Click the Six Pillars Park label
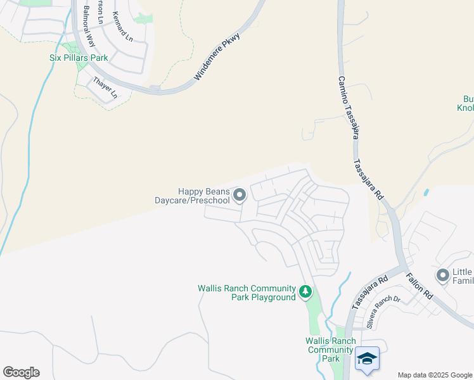pos(79,58)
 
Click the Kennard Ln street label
pos(122,27)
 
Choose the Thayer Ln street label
pos(105,87)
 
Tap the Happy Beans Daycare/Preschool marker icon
pos(239,196)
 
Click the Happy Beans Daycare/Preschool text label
pos(193,196)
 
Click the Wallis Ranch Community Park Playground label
pos(247,293)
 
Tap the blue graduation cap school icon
pos(368,358)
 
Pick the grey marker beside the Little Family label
pos(442,275)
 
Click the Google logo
pos(21,372)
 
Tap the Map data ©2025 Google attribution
pos(434,375)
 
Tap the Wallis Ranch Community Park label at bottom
pos(330,349)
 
